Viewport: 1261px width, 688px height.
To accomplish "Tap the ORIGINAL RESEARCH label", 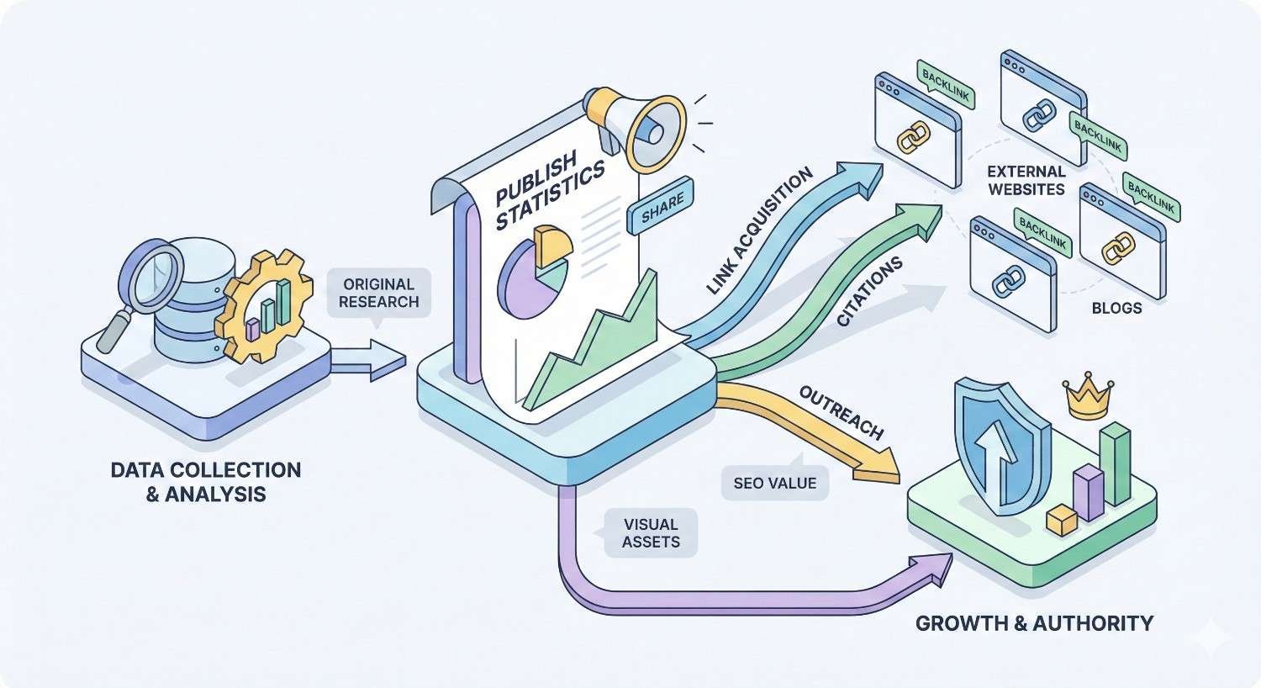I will tap(377, 293).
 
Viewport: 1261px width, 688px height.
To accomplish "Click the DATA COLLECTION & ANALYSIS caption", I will tap(206, 481).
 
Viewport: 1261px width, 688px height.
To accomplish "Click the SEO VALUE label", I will tap(774, 483).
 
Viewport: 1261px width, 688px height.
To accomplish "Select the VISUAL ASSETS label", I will tap(651, 533).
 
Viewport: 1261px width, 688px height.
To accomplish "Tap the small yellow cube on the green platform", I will tap(1062, 521).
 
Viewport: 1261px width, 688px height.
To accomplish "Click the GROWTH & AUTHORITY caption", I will tap(1033, 623).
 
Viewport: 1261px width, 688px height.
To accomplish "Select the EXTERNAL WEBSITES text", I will tap(1026, 181).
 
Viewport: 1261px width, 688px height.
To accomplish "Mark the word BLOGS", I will tap(1116, 308).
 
